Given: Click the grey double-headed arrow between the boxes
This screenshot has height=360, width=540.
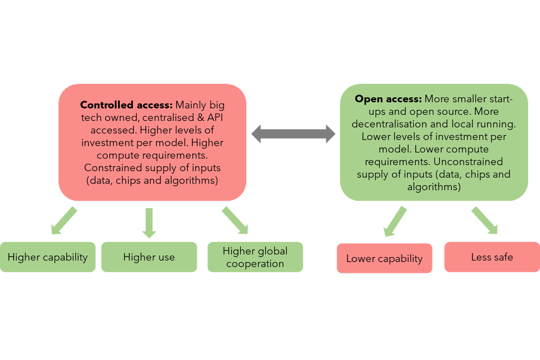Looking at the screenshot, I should click(293, 133).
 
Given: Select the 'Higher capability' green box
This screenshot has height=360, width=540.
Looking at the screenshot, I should click(48, 257).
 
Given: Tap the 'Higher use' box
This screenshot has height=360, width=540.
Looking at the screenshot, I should click(149, 257).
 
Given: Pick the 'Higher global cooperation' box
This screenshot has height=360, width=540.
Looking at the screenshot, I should click(255, 257).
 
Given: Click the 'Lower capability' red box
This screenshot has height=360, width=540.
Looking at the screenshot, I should click(384, 258).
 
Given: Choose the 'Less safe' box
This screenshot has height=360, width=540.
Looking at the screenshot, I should click(492, 257).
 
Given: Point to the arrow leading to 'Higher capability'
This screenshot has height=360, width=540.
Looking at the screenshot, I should click(63, 220).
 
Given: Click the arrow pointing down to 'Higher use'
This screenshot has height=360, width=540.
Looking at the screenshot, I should click(149, 222).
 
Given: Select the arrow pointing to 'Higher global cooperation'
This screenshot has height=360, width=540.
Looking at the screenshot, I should click(235, 220).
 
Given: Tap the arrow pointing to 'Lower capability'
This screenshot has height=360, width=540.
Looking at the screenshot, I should click(395, 220).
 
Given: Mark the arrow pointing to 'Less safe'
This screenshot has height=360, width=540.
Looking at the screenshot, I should click(484, 220).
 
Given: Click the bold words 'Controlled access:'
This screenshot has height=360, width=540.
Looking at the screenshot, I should click(127, 105).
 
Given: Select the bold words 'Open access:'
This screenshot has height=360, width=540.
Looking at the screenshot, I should click(388, 98).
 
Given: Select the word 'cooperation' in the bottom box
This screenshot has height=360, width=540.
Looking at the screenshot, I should click(255, 263).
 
